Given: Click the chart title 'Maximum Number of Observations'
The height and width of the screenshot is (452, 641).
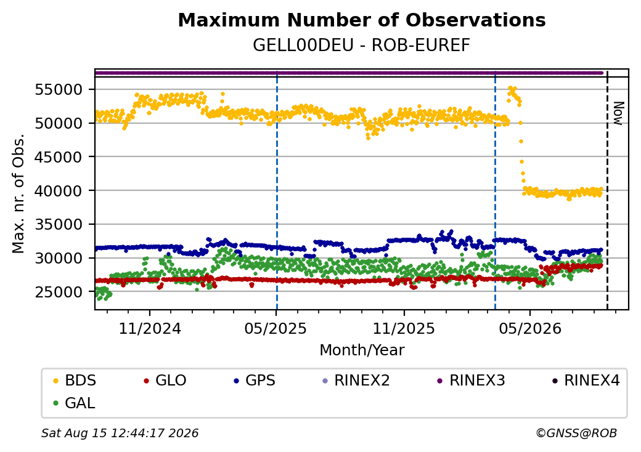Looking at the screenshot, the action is (362, 20).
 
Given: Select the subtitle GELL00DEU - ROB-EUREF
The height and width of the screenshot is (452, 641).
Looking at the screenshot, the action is (361, 46).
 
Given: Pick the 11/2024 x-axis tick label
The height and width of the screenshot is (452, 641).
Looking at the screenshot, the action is (150, 328).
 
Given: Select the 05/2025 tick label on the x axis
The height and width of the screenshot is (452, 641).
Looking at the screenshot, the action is (276, 328).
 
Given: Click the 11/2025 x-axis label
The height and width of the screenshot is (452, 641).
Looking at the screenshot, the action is (404, 328).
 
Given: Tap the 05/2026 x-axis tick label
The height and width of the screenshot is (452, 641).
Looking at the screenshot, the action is (530, 328).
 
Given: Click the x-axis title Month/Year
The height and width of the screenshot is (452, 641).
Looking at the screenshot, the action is (362, 350).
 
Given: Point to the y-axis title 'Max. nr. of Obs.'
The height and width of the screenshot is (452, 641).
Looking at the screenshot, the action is (18, 193).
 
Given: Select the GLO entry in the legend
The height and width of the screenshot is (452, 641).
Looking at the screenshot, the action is (165, 381).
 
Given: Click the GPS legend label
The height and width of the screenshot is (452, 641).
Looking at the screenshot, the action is (255, 381).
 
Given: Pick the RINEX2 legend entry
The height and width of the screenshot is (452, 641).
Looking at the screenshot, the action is (356, 381).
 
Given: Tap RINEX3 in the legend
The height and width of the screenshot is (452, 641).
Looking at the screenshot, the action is (471, 381).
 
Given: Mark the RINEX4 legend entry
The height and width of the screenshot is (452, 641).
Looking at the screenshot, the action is (586, 381).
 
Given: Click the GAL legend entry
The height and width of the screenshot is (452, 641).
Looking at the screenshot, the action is (75, 403).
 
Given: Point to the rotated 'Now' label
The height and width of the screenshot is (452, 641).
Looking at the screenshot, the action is (619, 113).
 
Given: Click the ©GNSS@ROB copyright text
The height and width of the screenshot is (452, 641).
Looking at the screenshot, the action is (576, 433).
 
